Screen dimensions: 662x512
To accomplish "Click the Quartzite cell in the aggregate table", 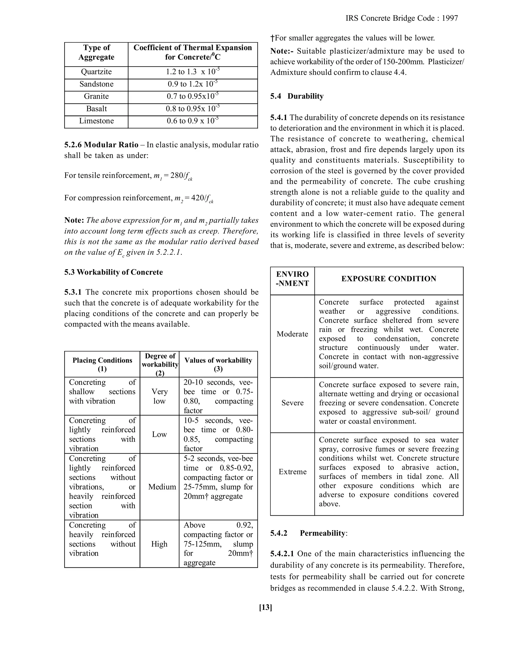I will [x=96, y=72].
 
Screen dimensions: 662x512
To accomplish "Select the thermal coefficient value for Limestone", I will [x=192, y=121].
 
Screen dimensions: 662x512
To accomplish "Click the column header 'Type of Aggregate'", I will [x=96, y=52].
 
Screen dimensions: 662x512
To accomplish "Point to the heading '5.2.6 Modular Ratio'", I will [x=101, y=145].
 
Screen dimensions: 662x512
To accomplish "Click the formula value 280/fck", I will [x=181, y=176].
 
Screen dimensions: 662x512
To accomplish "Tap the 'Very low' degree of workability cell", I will [x=159, y=396].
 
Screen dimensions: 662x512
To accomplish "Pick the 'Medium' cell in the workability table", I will [x=162, y=487].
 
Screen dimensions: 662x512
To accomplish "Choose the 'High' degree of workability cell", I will [x=159, y=544].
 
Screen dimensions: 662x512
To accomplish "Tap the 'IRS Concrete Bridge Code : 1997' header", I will [x=401, y=18].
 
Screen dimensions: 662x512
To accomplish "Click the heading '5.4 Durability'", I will [x=297, y=96].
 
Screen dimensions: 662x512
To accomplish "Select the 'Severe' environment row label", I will [x=292, y=403].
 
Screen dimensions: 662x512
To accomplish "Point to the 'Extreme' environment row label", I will [x=292, y=472].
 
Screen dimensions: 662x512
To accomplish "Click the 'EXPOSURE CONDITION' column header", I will [x=388, y=279].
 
